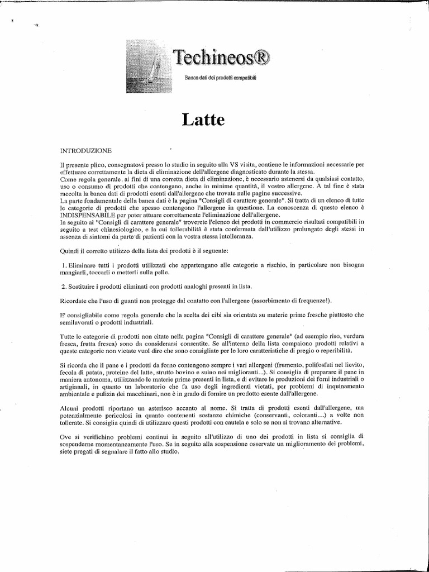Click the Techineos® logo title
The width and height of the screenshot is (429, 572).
[221, 57]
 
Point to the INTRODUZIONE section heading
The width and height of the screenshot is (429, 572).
[85, 150]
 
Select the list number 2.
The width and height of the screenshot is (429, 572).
[64, 287]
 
